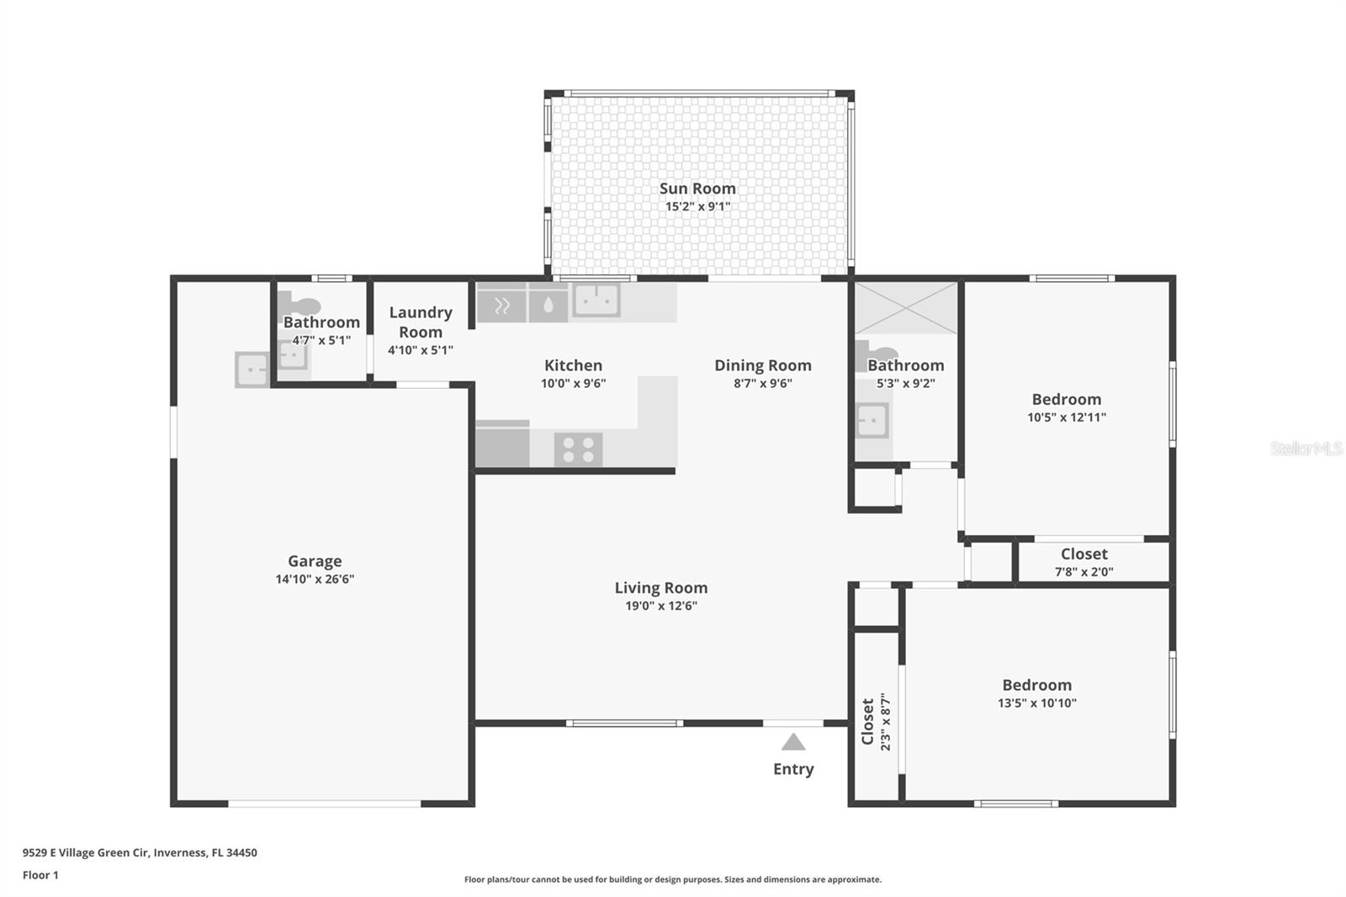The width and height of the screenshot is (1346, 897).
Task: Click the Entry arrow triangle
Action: pos(793,742)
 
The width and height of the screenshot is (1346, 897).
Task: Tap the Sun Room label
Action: pos(697,188)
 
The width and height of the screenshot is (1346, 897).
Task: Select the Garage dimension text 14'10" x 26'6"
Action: pos(315,579)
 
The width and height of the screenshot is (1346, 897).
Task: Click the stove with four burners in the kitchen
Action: pos(578,449)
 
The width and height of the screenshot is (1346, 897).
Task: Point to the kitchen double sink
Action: pos(596,300)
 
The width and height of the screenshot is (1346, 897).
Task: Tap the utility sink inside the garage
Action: pos(252,369)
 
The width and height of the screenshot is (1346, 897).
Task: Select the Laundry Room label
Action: pos(421,321)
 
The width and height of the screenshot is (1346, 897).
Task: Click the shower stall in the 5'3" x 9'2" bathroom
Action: pos(906,308)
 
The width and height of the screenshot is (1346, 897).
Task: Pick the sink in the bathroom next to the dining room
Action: pos(872,420)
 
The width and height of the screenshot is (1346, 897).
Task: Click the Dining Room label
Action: pos(763,365)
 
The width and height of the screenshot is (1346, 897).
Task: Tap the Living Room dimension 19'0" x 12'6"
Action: pos(661,606)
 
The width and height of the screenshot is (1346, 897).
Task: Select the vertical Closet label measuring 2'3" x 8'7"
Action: pos(868,722)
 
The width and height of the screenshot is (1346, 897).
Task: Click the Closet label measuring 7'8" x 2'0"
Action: pos(1084,554)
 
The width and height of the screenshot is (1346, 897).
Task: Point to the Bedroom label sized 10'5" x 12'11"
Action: pos(1066,400)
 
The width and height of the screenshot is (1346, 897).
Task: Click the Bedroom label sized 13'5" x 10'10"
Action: pos(1036,685)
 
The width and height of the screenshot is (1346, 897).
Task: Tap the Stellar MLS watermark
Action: pos(1306,448)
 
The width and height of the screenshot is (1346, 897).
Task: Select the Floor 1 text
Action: pos(40,875)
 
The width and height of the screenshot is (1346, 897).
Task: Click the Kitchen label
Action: pos(573,365)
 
